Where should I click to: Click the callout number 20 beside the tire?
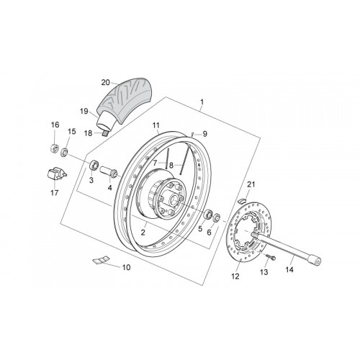coord(105,83)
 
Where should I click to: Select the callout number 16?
coord(55,125)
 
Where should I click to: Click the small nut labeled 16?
coord(55,148)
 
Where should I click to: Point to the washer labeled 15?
coord(64,153)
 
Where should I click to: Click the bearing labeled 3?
coord(94,164)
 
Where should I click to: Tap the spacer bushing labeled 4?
coord(109,171)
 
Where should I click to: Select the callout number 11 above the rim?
coord(156,125)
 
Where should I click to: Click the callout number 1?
coord(202,102)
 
